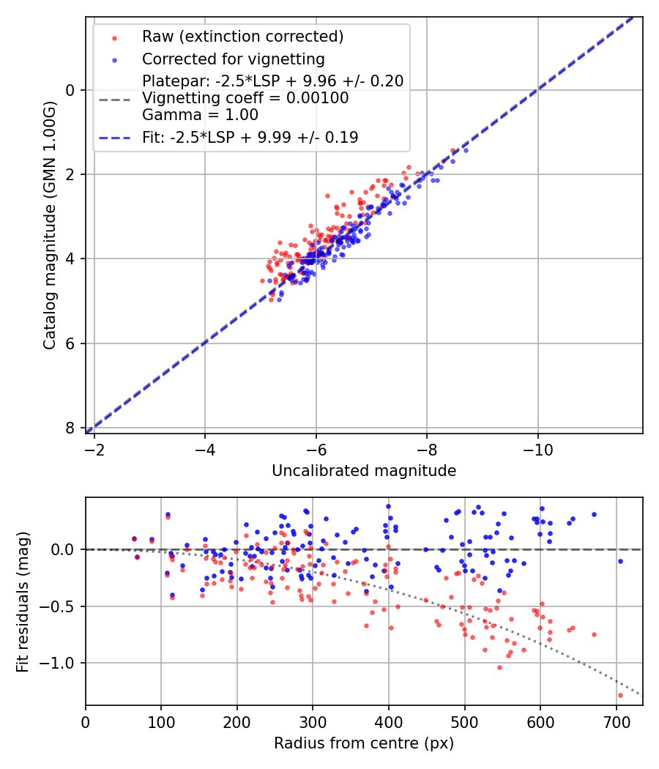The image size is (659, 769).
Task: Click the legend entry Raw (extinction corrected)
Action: [x=242, y=37]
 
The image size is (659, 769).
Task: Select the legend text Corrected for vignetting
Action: [x=233, y=59]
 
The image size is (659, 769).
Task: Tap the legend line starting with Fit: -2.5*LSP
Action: [x=250, y=137]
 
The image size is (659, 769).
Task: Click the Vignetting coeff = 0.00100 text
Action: [x=245, y=98]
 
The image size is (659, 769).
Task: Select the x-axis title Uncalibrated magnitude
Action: [x=364, y=471]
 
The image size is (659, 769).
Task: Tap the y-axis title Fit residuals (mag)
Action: [x=22, y=601]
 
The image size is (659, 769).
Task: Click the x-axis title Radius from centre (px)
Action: [x=364, y=743]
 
